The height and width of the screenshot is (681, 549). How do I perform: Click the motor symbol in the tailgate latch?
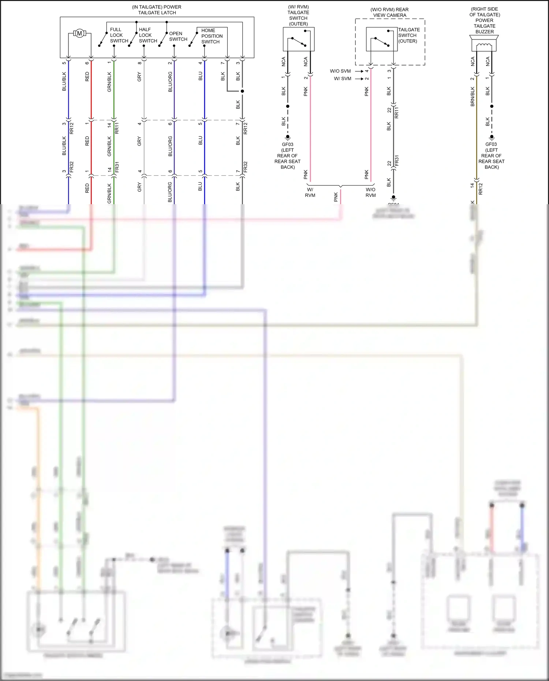(x=79, y=34)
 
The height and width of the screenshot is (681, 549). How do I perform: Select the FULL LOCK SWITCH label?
(x=119, y=35)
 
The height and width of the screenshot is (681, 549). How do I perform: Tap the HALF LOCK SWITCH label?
(x=148, y=35)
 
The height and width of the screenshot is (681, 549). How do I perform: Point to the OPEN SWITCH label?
(x=178, y=36)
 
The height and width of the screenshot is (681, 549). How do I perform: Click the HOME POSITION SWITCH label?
(x=212, y=36)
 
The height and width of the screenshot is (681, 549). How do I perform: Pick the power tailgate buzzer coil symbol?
(x=485, y=46)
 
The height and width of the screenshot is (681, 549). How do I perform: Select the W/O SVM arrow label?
(x=340, y=71)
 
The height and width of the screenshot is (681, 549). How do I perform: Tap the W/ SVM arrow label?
(x=342, y=78)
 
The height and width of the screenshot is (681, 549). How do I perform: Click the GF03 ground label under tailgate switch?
(x=287, y=145)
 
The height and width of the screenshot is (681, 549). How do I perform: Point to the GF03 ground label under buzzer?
(x=491, y=145)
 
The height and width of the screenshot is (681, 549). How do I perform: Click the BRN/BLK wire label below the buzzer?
(x=473, y=97)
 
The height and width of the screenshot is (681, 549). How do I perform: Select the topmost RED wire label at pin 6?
(x=87, y=76)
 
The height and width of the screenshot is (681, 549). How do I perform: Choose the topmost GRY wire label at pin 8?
(x=139, y=77)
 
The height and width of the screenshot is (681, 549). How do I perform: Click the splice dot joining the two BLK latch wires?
(x=242, y=91)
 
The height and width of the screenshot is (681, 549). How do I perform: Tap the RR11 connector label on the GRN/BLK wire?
(x=117, y=128)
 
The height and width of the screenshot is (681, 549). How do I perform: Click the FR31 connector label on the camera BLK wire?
(x=397, y=161)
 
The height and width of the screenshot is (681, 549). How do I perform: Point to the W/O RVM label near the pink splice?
(x=370, y=192)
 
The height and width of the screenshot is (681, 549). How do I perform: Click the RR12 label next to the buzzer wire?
(x=481, y=188)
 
